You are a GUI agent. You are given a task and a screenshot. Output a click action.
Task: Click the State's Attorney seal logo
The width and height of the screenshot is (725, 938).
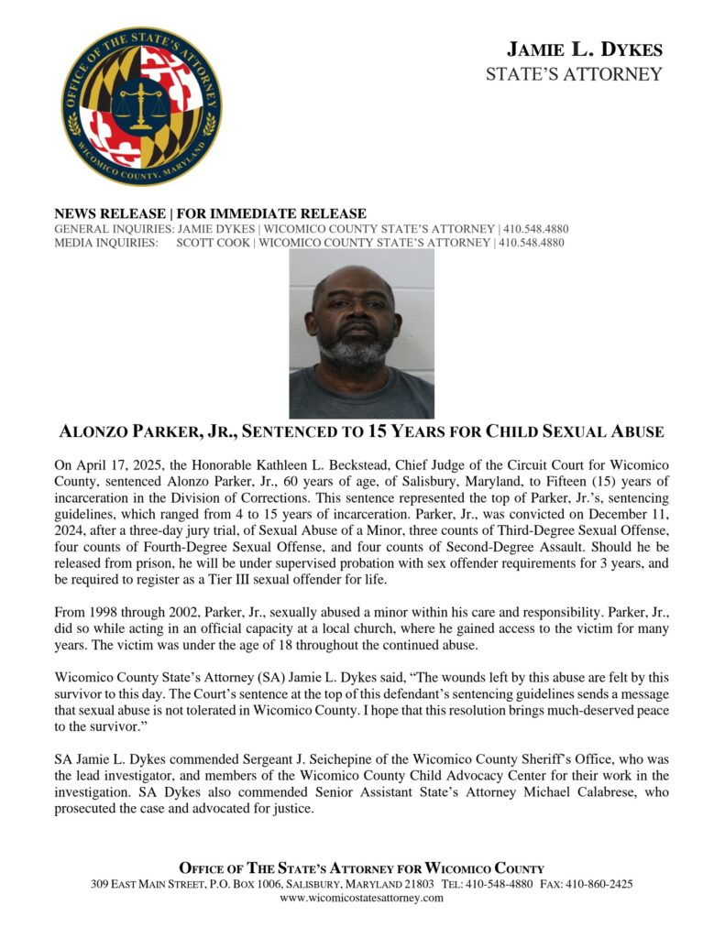click(141, 106)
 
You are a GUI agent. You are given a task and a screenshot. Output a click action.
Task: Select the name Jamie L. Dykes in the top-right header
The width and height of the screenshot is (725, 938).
click(584, 49)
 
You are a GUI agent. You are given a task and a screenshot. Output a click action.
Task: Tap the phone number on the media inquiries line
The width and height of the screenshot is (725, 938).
click(531, 243)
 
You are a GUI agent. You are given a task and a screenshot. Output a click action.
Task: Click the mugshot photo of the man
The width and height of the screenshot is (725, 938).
click(361, 333)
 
